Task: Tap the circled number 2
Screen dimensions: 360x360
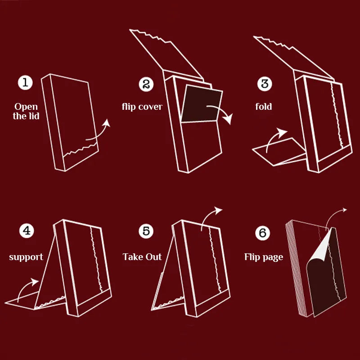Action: coord(146,84)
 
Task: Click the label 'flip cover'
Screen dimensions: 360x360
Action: coord(142,107)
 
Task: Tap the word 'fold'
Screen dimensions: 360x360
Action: coord(264,107)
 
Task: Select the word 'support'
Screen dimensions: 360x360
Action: coord(26,257)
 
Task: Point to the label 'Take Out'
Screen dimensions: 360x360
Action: coord(142,257)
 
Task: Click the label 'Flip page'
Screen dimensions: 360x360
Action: coord(264,257)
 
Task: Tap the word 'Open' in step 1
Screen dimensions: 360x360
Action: coord(26,107)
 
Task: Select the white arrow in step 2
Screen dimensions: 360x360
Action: coord(220,113)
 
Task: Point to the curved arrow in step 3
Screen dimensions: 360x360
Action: coord(274,138)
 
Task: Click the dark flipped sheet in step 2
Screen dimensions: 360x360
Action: coord(201,106)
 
